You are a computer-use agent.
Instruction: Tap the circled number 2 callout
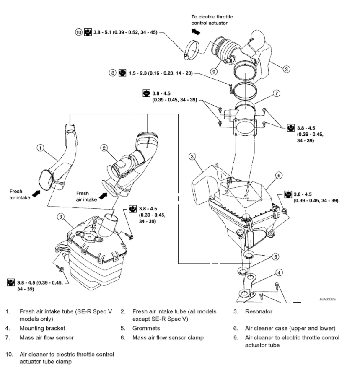[104, 148]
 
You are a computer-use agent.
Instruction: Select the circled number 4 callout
[279, 272]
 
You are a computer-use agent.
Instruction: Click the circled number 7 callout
[276, 93]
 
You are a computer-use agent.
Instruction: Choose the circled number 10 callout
[79, 32]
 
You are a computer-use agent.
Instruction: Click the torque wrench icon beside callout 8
[122, 73]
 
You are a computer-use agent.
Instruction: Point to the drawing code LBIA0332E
[327, 300]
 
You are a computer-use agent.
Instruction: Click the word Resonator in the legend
[259, 311]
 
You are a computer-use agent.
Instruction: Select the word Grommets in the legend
[146, 328]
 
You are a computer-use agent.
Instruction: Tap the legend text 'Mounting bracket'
[42, 328]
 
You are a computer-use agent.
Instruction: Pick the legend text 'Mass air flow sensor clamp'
[168, 337]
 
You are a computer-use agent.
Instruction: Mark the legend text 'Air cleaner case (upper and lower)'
[290, 328]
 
